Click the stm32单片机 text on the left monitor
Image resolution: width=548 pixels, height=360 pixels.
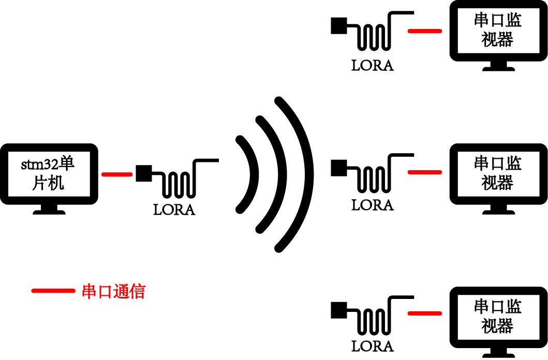click(x=48, y=174)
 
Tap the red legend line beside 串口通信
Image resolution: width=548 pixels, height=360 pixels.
click(x=53, y=291)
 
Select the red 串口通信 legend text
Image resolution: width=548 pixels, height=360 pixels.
click(x=113, y=291)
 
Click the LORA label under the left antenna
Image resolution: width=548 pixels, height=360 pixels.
click(x=174, y=210)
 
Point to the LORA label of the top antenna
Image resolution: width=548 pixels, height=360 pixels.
click(x=373, y=66)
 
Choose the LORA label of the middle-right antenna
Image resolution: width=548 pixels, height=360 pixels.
click(x=373, y=205)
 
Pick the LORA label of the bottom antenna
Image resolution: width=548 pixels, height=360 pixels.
click(x=373, y=346)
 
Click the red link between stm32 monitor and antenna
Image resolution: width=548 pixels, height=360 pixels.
click(x=117, y=174)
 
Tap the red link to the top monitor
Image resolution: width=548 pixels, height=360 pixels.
click(x=424, y=31)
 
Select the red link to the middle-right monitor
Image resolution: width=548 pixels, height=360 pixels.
click(x=424, y=172)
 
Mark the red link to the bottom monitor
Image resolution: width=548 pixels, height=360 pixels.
click(x=424, y=312)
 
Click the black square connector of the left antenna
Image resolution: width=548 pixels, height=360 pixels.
click(x=143, y=173)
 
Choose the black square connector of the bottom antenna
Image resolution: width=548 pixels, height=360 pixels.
click(x=338, y=309)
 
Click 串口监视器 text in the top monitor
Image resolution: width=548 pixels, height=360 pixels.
click(x=497, y=30)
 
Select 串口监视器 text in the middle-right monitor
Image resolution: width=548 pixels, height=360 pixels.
click(x=497, y=173)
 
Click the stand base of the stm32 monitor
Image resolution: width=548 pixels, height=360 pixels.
click(x=49, y=212)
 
